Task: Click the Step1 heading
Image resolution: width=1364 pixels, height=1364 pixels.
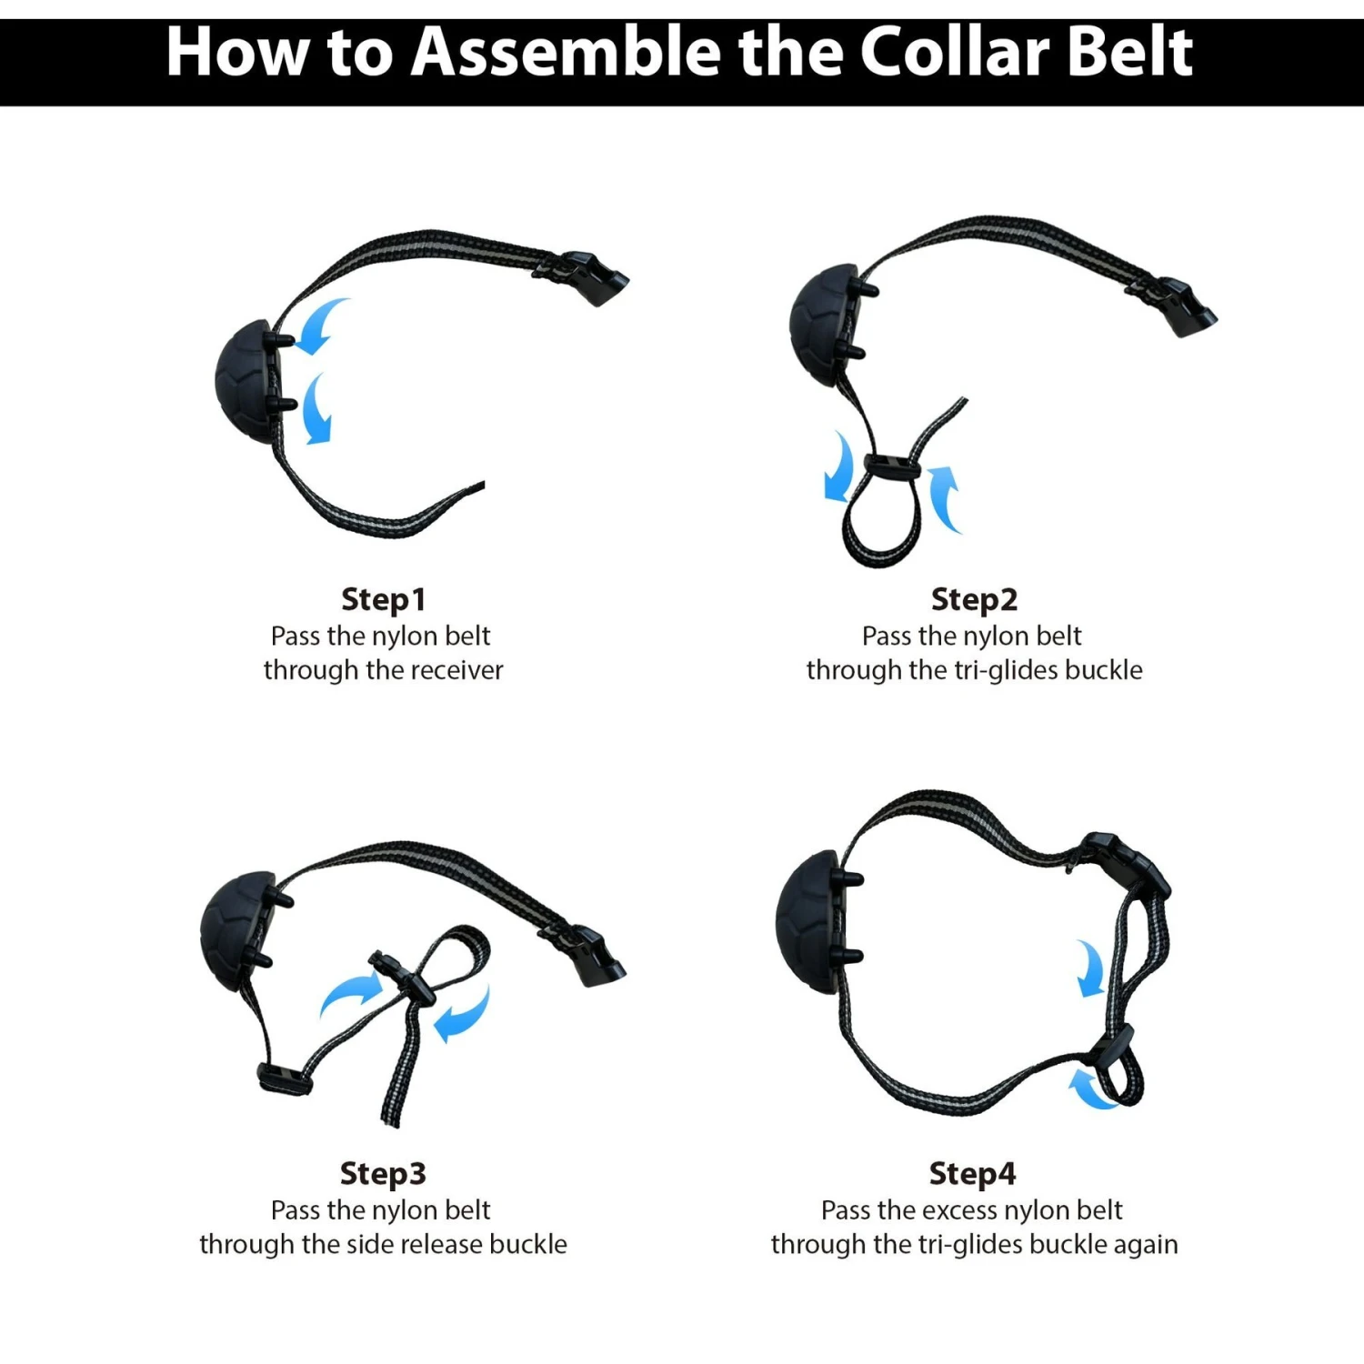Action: click(x=383, y=600)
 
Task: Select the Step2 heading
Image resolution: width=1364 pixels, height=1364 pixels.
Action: click(x=974, y=600)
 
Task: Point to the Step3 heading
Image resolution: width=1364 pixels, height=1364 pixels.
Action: click(x=383, y=1174)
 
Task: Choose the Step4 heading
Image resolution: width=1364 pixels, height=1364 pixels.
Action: click(x=972, y=1174)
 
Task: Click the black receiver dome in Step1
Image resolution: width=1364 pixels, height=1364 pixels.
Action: click(x=248, y=382)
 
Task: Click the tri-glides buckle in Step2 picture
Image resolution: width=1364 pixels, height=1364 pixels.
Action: click(x=891, y=466)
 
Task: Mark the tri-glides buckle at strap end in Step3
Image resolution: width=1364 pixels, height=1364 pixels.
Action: click(x=285, y=1078)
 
